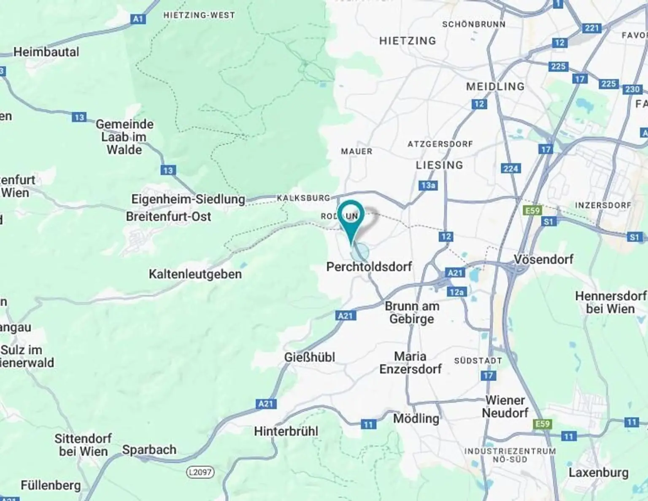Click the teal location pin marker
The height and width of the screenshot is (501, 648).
[x=351, y=215]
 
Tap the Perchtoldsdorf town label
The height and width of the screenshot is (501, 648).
[x=369, y=267]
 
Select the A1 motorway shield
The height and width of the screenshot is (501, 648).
[x=138, y=19]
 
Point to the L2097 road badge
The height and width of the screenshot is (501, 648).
[x=200, y=472]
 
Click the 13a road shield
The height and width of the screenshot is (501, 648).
[x=428, y=186]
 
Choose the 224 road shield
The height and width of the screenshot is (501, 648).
[x=511, y=169]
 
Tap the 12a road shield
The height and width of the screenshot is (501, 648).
[x=456, y=292]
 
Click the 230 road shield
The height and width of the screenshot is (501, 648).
[x=632, y=89]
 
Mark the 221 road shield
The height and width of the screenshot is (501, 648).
[x=592, y=28]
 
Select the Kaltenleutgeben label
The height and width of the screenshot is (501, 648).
[x=195, y=274]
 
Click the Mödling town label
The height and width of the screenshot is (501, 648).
[x=416, y=418]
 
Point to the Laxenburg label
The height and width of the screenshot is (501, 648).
[x=598, y=472]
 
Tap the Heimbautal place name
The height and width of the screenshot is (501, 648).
[x=46, y=52]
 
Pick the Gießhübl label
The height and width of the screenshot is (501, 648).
[x=310, y=357]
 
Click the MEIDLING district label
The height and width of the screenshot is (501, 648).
[x=495, y=86]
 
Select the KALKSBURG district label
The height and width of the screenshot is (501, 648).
[x=303, y=198]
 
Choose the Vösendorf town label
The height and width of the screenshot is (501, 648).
[x=543, y=259]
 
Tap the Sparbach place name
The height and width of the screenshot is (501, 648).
[x=149, y=450]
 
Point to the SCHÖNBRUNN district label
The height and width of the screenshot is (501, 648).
[x=473, y=24]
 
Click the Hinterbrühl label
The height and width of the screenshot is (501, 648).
[x=286, y=431]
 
